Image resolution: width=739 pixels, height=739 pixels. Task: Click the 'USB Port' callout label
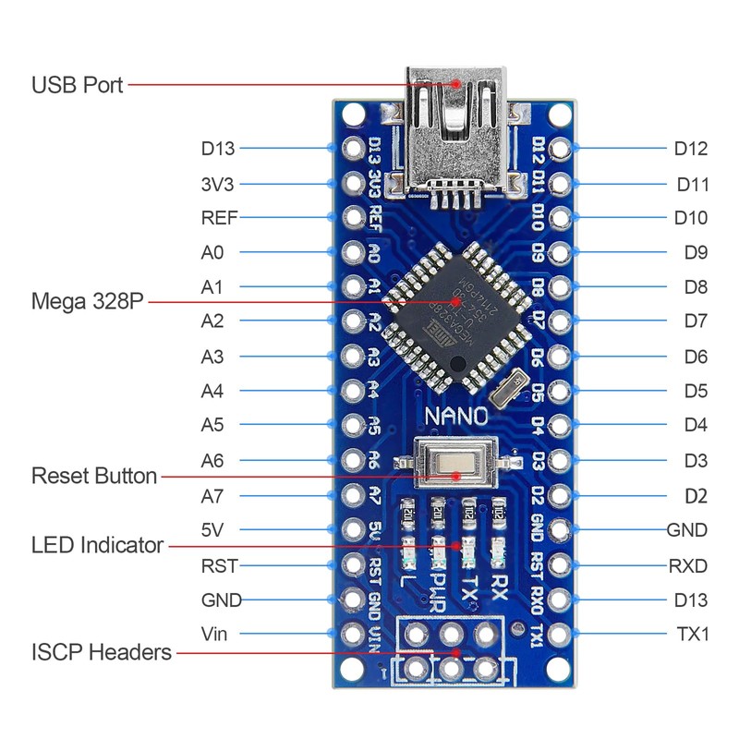[78, 86]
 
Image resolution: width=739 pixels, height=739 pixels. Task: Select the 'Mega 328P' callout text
[88, 302]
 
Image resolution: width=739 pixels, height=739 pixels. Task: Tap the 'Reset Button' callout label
[94, 477]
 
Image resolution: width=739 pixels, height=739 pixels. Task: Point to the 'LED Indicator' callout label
[97, 545]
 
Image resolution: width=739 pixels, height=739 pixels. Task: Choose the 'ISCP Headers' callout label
[102, 652]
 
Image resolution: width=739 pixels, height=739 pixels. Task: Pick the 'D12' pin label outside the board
[690, 148]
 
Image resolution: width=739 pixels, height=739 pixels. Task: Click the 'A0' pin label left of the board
[212, 252]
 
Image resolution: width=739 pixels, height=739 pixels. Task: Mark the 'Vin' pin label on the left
[213, 634]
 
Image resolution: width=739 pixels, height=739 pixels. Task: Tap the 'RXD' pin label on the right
[688, 564]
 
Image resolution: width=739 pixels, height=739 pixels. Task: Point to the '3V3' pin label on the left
[218, 183]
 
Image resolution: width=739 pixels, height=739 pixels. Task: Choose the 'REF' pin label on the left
[219, 218]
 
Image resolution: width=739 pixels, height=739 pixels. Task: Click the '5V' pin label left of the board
[213, 530]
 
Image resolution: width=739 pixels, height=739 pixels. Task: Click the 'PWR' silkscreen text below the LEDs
[439, 592]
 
